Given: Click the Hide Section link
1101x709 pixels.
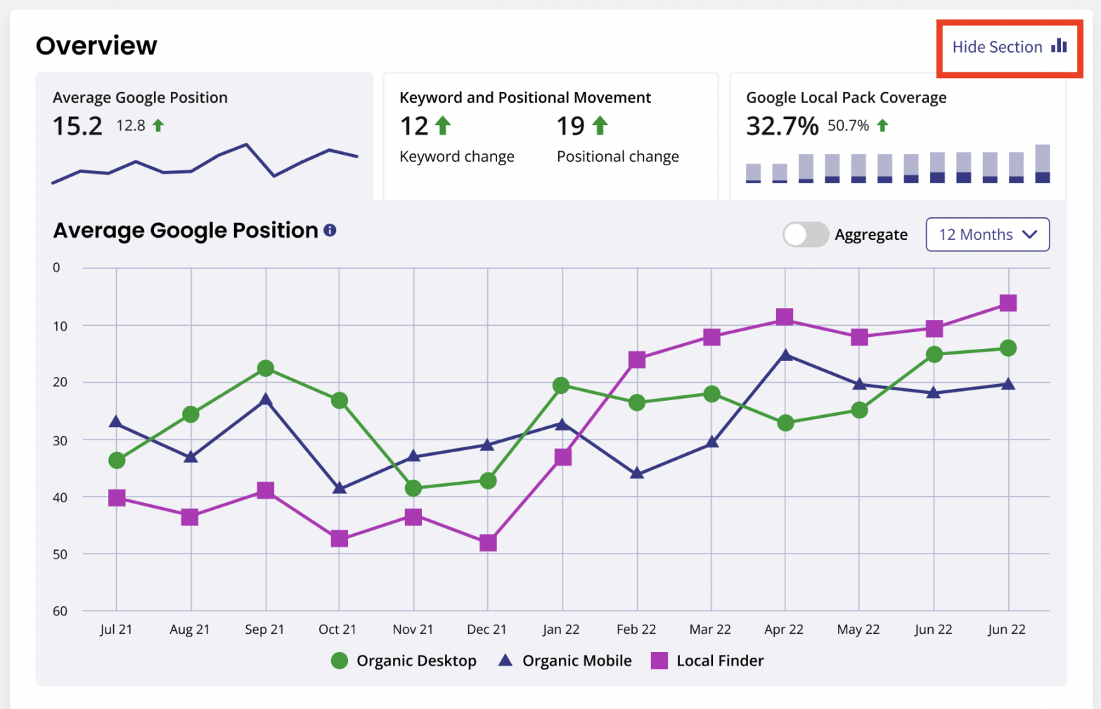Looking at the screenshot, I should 1008,47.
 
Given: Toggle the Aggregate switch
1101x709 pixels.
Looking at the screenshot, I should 806,234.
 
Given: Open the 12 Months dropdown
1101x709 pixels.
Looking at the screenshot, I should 987,234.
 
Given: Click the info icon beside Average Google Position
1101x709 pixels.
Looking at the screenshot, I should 330,231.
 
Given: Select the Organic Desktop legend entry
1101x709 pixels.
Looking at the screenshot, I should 404,660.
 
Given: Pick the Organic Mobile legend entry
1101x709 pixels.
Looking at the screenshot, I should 565,660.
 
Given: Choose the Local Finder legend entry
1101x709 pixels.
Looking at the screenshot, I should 707,660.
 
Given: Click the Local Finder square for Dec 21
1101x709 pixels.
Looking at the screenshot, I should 488,543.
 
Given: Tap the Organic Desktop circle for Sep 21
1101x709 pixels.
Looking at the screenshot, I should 265,369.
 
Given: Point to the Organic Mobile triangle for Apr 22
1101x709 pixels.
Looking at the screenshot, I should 785,355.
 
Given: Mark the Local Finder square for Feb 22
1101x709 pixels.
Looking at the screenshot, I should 637,360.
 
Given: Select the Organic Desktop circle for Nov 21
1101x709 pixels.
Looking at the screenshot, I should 413,487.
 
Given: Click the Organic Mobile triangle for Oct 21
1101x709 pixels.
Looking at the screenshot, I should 339,487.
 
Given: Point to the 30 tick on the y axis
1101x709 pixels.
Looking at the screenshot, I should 60,440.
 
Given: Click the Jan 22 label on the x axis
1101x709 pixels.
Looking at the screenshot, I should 561,630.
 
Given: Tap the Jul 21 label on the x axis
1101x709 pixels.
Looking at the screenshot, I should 116,630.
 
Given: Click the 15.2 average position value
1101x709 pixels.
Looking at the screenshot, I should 77,127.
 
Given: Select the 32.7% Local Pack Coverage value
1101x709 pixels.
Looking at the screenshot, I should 782,127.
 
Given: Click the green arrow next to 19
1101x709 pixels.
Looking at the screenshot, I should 600,126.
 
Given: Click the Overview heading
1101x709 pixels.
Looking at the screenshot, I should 96,46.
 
